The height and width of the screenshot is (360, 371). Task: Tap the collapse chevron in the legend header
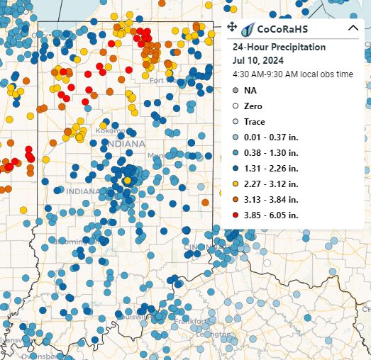(x=353, y=28)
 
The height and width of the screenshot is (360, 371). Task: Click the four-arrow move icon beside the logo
(x=232, y=28)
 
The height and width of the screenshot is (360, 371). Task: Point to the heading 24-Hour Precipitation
(x=279, y=47)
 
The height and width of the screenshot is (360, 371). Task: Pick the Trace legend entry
(x=254, y=121)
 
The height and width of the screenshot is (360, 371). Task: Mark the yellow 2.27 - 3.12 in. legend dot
(x=236, y=184)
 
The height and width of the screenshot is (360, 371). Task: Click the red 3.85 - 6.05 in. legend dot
(x=236, y=215)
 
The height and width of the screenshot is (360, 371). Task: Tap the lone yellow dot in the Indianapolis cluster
(x=127, y=181)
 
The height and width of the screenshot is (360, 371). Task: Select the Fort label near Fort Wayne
(x=157, y=80)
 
